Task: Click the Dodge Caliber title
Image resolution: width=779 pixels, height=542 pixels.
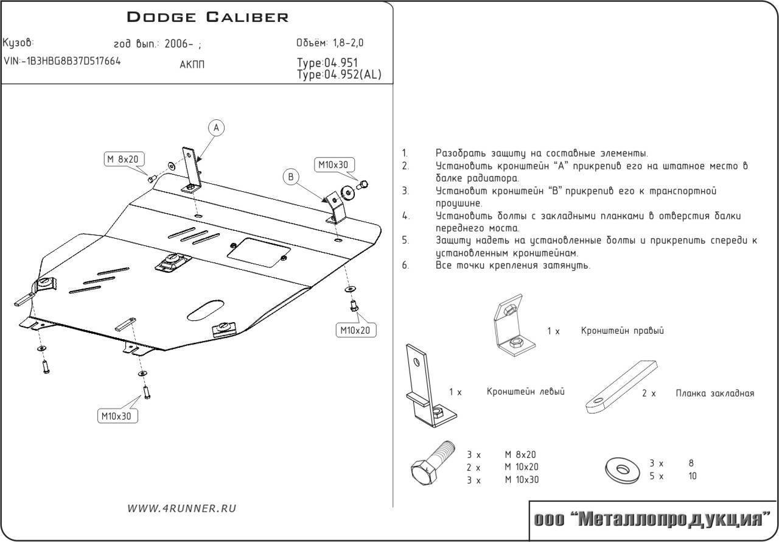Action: coord(208,16)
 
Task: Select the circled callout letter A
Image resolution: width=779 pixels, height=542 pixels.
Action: coord(216,127)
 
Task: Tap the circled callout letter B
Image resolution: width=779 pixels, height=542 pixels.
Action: coord(291,177)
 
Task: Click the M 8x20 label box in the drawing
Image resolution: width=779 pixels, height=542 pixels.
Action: coord(122,160)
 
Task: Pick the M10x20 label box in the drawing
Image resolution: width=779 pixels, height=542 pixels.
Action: coord(356,330)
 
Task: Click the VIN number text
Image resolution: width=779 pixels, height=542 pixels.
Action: coord(61,61)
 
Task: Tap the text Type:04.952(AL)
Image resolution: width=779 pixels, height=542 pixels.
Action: coord(340,75)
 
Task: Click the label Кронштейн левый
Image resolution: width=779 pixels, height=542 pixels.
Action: coord(525,392)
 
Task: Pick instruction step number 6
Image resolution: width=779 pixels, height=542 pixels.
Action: coord(405,266)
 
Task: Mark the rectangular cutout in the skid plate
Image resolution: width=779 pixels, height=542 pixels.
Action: coord(258,252)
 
